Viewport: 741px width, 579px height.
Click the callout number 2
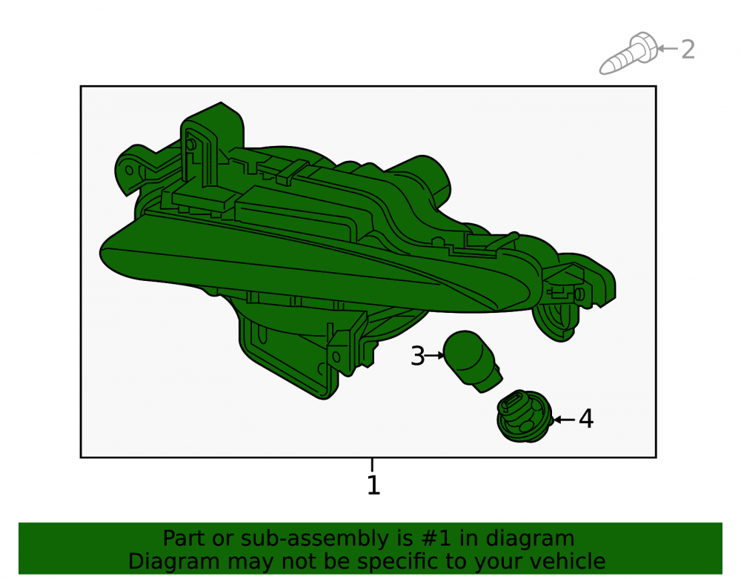pyautogui.click(x=688, y=50)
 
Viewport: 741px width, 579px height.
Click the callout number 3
pyautogui.click(x=418, y=356)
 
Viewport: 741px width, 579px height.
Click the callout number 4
pyautogui.click(x=586, y=419)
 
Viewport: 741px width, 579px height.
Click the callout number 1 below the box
pyautogui.click(x=373, y=485)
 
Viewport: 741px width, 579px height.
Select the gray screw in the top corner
pyautogui.click(x=628, y=53)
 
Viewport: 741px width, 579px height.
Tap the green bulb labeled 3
pyautogui.click(x=473, y=360)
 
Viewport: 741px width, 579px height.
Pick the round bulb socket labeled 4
pyautogui.click(x=525, y=417)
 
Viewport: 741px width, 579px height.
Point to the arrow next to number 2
pyautogui.click(x=668, y=48)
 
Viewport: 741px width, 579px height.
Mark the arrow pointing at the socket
pyautogui.click(x=564, y=420)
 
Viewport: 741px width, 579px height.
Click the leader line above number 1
pyautogui.click(x=373, y=465)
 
